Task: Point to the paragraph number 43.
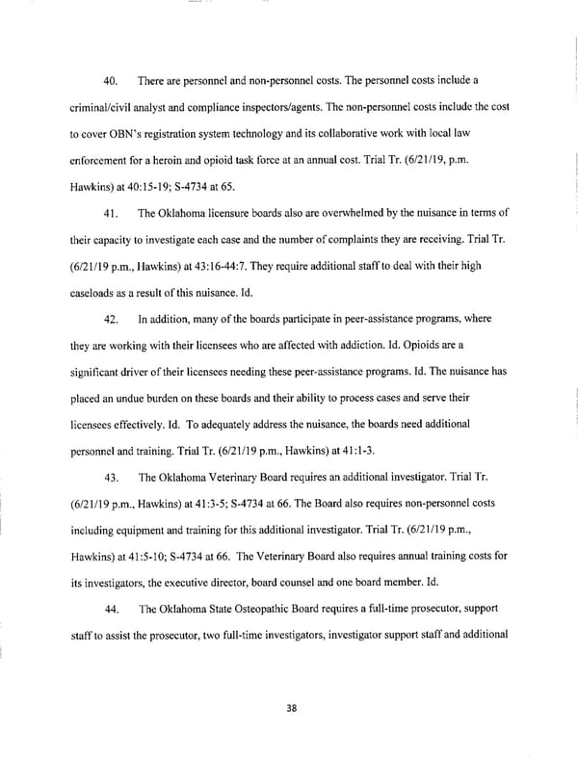click(111, 477)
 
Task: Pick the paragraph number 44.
click(111, 609)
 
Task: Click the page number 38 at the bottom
click(292, 708)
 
